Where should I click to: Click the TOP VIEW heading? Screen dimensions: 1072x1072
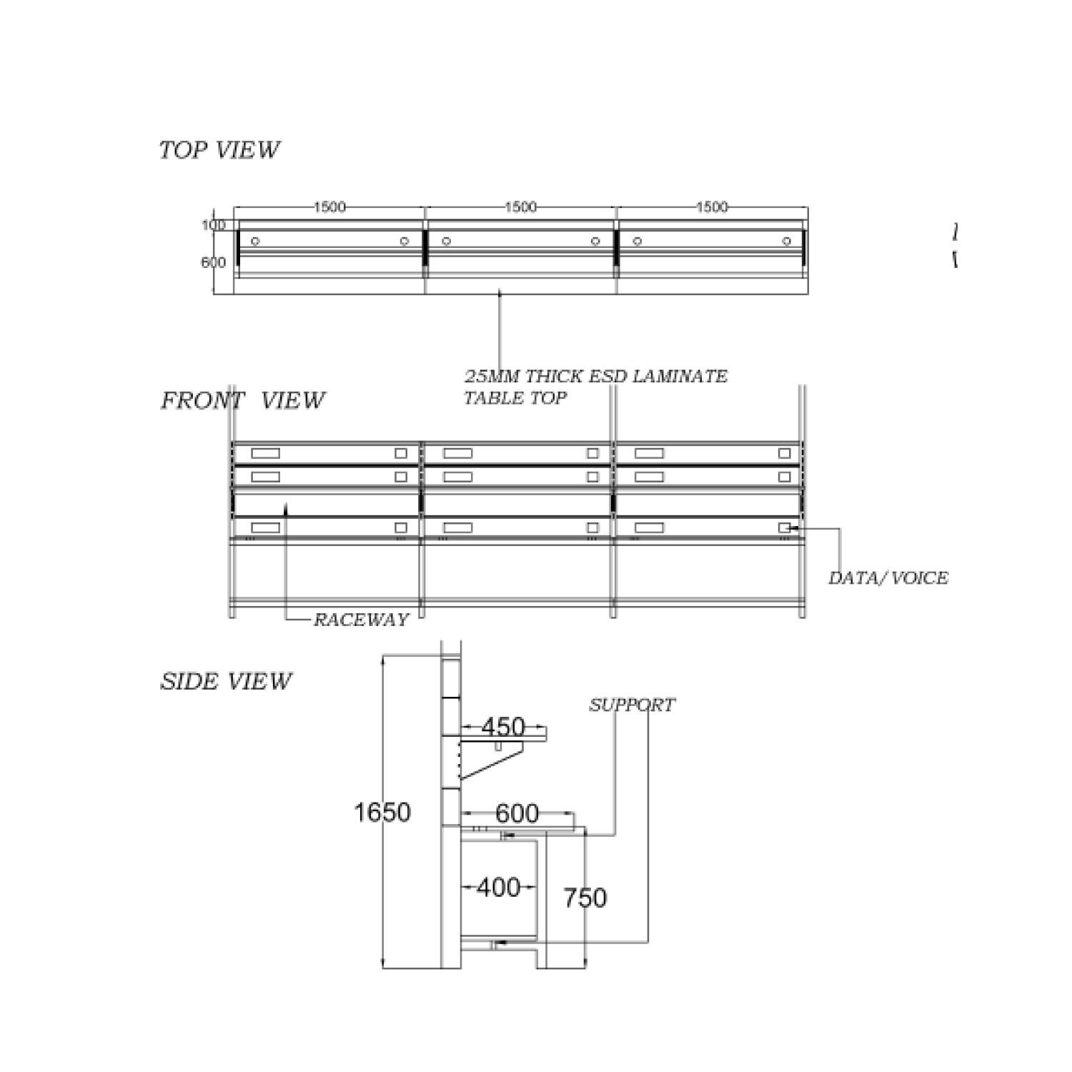[x=219, y=150]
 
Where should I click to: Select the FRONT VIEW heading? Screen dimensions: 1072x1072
[x=242, y=401]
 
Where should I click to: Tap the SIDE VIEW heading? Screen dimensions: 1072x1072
[x=226, y=682]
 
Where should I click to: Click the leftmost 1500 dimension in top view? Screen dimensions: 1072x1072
[x=329, y=207]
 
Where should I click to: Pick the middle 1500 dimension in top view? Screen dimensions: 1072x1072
[x=520, y=207]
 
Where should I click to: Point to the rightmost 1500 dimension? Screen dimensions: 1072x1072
[x=712, y=207]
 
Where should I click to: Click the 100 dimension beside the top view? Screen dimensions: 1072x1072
[x=213, y=225]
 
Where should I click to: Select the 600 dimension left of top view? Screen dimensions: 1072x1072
[x=213, y=262]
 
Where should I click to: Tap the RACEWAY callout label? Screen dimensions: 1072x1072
[x=361, y=620]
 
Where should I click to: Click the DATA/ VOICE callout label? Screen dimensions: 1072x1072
[x=888, y=578]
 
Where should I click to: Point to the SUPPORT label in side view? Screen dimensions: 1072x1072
[x=632, y=705]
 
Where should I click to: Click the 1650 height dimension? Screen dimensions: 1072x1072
[x=382, y=813]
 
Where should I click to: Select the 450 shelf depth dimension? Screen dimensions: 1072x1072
[x=503, y=727]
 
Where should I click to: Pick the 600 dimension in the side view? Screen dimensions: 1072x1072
[x=517, y=813]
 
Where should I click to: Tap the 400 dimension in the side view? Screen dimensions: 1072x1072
[x=498, y=888]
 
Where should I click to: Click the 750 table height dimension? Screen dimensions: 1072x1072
[x=585, y=898]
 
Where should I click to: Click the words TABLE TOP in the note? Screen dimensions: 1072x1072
[x=515, y=398]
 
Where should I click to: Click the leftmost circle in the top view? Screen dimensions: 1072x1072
[x=255, y=242]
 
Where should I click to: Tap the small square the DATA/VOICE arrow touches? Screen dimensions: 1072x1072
[x=784, y=528]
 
